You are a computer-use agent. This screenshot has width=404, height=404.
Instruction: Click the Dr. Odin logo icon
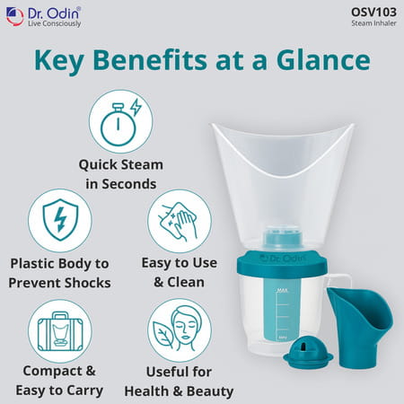tap(14, 16)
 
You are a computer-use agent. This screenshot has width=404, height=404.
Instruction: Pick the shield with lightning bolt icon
tap(60, 220)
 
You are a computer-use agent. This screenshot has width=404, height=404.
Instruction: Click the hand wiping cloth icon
tap(179, 220)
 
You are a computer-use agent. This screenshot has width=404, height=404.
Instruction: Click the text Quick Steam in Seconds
tap(118, 174)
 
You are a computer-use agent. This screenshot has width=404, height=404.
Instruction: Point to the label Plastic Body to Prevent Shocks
tap(58, 273)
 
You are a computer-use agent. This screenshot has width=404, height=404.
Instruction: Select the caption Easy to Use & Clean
tap(179, 273)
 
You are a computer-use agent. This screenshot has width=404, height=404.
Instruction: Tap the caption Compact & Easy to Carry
tap(59, 382)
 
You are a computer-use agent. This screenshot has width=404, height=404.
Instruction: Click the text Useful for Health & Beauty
tap(179, 382)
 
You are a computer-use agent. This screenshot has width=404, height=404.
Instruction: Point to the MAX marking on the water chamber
tap(282, 291)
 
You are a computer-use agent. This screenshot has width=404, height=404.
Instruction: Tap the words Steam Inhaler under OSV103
tap(375, 23)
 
